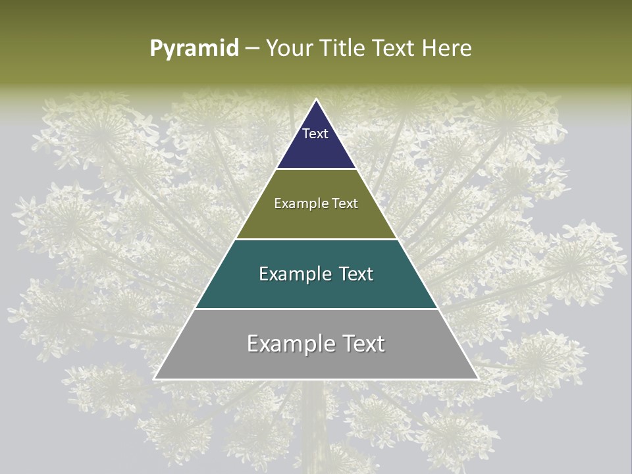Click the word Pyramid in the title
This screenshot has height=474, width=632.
tap(194, 49)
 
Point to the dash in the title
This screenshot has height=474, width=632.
tap(252, 49)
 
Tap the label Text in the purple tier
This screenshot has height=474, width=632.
tap(315, 134)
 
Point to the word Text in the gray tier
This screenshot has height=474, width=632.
tap(362, 344)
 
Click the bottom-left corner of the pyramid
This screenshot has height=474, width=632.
tap(154, 379)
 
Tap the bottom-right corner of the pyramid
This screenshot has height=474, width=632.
tap(478, 379)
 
